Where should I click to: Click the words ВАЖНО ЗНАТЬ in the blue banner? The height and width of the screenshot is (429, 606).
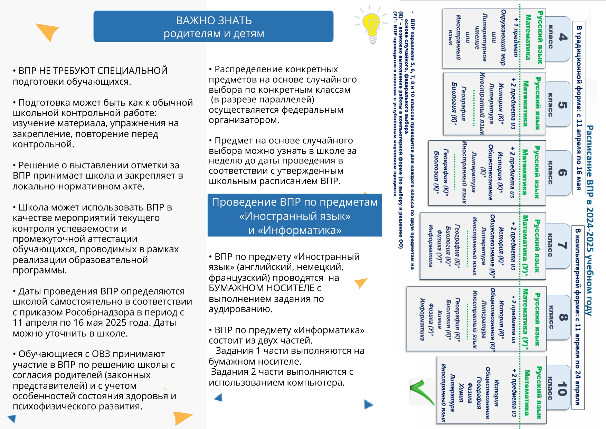(214, 20)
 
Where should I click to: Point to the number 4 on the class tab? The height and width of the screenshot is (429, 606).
(562, 37)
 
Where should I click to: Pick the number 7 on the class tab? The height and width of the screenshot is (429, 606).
(562, 245)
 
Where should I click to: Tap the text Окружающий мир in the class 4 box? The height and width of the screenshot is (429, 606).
(503, 37)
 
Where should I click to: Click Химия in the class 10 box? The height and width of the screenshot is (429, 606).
(461, 392)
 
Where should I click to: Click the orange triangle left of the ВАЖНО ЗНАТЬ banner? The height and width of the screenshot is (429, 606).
(48, 31)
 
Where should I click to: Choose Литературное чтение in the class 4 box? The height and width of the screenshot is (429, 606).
(481, 37)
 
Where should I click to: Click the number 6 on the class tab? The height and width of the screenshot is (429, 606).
(562, 173)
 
